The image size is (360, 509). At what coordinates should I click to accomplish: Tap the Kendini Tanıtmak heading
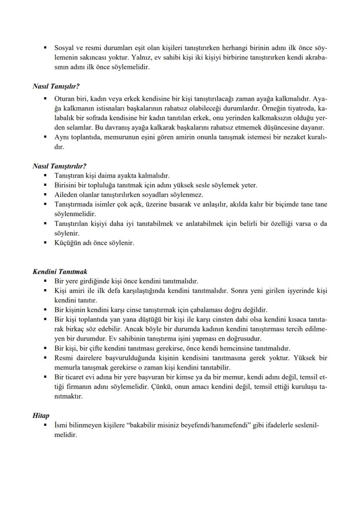tap(60, 272)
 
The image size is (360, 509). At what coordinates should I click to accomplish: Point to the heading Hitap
tap(41, 416)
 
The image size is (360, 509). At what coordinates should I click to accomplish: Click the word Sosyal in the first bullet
tap(64, 47)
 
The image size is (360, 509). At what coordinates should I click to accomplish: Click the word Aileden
tap(66, 195)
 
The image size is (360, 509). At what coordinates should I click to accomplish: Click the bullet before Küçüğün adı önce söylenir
tap(45, 243)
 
